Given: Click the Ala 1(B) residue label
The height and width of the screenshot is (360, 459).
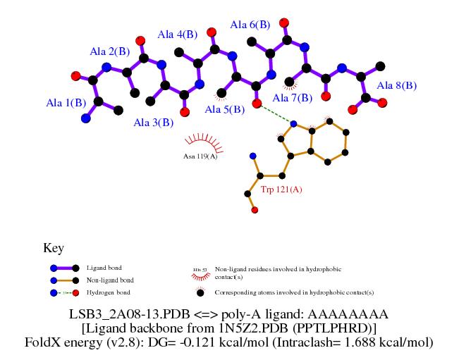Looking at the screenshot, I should [66, 103].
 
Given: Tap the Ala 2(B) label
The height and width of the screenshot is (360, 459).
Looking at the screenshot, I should [109, 51].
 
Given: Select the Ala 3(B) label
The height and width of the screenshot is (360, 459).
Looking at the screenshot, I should [154, 123].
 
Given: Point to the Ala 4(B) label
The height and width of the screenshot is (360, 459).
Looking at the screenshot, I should [177, 34].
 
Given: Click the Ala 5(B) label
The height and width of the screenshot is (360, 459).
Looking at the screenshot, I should [224, 109].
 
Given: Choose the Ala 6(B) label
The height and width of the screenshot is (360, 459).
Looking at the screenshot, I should [250, 25].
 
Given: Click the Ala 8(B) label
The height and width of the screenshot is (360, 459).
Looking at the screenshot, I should [397, 85].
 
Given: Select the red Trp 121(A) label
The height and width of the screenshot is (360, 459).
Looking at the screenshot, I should [281, 190].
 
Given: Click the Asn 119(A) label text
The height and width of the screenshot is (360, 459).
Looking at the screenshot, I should [200, 156].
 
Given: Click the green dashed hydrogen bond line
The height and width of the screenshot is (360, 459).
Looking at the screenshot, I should [275, 113].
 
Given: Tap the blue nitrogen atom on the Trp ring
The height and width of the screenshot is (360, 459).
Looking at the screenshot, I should [293, 124].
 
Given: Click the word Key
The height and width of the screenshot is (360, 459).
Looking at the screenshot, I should [54, 248].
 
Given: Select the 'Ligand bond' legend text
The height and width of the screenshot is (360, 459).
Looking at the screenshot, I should [104, 268].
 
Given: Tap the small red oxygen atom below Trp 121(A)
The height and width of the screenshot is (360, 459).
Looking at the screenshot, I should [254, 210].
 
